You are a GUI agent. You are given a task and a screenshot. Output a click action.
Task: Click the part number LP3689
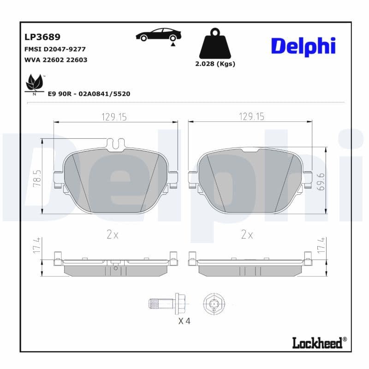42,36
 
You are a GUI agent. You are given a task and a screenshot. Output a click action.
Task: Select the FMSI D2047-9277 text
54,49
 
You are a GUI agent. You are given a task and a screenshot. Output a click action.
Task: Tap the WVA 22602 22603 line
55,60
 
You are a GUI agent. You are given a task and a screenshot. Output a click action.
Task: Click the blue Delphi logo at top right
303,46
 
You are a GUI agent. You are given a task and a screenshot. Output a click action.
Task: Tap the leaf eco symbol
34,83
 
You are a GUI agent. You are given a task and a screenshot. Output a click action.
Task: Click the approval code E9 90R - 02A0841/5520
89,94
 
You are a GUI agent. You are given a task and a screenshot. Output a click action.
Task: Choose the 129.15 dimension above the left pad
114,117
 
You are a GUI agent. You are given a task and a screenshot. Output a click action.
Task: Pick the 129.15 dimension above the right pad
251,117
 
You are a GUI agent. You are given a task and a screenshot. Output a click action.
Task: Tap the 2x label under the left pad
113,235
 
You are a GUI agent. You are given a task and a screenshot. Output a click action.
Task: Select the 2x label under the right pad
247,235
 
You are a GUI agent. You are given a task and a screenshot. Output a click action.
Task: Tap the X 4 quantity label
184,321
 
